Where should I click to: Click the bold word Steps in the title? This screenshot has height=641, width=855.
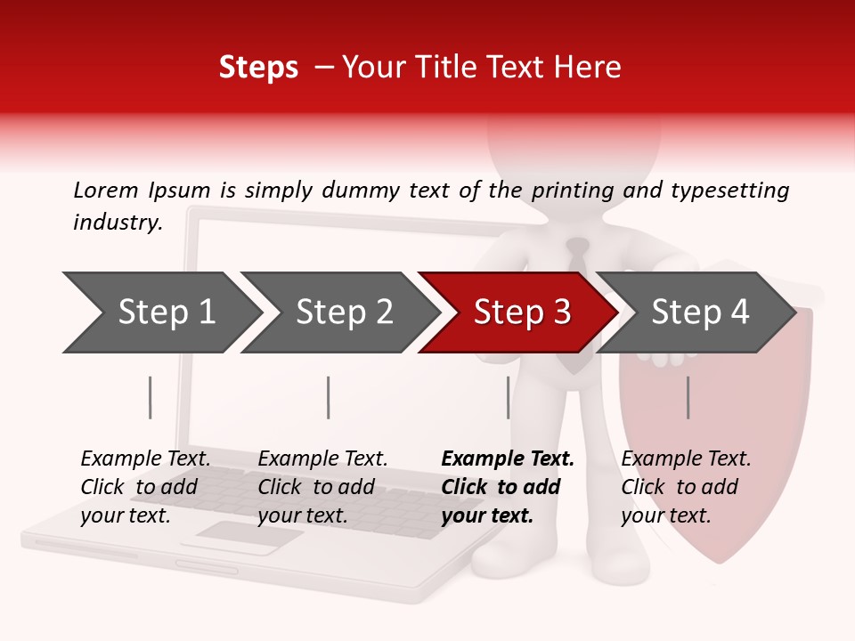click(x=258, y=68)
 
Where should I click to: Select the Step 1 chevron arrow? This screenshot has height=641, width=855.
click(x=160, y=312)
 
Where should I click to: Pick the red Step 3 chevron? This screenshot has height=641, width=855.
click(x=518, y=312)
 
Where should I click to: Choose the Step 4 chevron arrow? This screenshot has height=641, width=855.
click(x=696, y=312)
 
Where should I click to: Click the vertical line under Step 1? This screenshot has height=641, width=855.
click(x=151, y=397)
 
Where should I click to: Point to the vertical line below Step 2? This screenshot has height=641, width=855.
click(x=329, y=397)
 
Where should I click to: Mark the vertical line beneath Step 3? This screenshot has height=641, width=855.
click(x=508, y=397)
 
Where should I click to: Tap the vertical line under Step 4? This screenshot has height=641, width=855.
click(x=688, y=397)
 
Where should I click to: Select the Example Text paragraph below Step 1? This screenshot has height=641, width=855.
click(x=144, y=487)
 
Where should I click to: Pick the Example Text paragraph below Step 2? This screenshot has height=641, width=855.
click(x=322, y=487)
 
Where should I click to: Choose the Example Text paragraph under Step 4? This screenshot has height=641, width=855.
click(x=685, y=487)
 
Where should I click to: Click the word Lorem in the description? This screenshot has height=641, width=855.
click(x=105, y=190)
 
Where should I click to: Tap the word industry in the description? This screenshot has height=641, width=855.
click(x=117, y=223)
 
